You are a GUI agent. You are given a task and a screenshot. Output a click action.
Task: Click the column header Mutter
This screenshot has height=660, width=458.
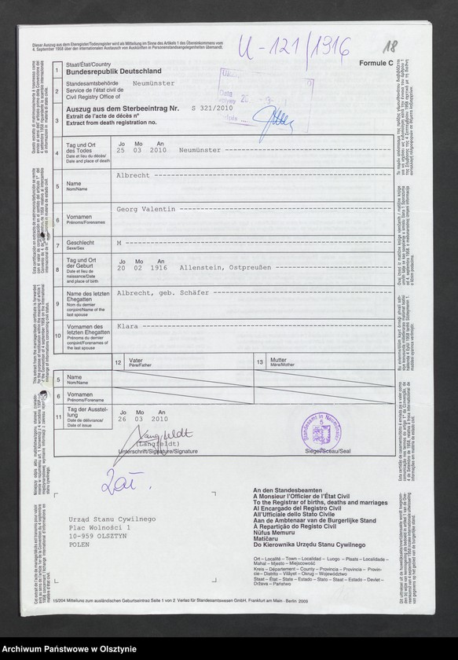[278, 360]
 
